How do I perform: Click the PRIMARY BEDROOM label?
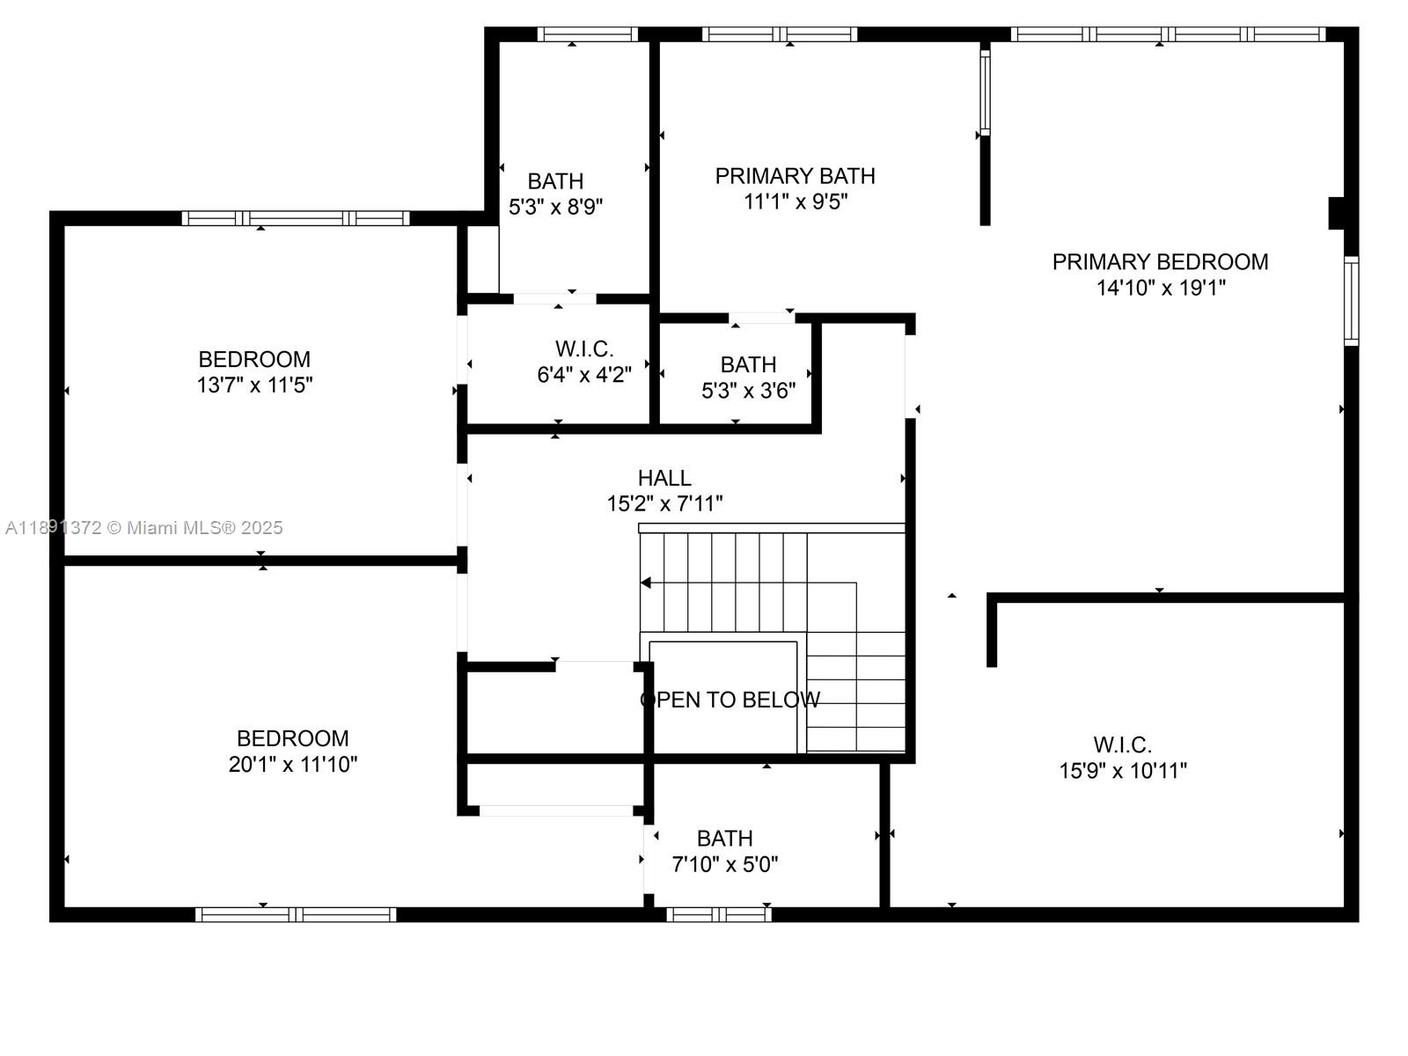(x=1160, y=261)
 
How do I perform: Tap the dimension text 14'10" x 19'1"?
(x=1160, y=288)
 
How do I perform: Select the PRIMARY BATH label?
(x=795, y=176)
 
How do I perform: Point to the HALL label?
(x=664, y=478)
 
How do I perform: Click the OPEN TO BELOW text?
(x=730, y=700)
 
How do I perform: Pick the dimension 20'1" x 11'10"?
(x=292, y=765)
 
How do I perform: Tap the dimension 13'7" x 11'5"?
(x=254, y=385)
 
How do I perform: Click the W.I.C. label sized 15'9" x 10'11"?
(x=1122, y=745)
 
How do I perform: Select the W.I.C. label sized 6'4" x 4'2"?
(x=584, y=348)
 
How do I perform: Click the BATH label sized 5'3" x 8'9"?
(x=555, y=181)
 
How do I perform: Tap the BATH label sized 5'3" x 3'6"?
(x=748, y=364)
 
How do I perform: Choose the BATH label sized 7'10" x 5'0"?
(x=724, y=839)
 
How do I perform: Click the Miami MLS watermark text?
(x=144, y=527)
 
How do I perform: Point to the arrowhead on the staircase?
(x=645, y=583)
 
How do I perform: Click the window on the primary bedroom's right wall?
(x=1351, y=301)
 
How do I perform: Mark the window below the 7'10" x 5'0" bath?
(x=718, y=914)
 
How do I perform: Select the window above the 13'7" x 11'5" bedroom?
(x=295, y=218)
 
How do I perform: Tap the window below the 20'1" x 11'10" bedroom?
(x=295, y=914)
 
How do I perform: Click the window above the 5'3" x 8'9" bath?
(x=587, y=34)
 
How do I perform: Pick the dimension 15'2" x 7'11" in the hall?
(x=664, y=503)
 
